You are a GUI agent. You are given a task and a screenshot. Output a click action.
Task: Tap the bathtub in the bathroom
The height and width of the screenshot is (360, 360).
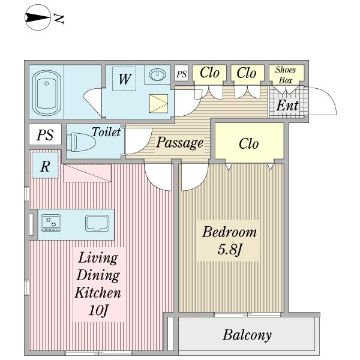46,92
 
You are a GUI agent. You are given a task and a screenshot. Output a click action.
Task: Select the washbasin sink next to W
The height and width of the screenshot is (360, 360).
157,74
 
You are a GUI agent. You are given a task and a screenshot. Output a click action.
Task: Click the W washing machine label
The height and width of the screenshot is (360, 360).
125,79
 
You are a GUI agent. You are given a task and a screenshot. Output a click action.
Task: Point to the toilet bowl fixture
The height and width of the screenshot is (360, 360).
81,142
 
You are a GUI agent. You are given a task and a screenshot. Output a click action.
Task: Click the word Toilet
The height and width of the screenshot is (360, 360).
106,132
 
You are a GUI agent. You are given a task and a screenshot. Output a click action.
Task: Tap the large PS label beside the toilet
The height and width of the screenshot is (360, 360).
45,135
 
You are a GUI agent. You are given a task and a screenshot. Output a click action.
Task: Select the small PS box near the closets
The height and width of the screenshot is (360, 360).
181,73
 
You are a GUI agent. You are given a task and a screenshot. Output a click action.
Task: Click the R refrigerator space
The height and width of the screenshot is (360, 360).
45,166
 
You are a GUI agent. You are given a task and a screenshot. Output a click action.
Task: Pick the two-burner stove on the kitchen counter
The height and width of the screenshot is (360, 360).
51,223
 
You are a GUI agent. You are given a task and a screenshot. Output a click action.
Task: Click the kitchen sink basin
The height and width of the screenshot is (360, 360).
97,223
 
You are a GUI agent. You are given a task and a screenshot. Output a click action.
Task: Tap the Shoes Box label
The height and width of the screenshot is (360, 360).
286,75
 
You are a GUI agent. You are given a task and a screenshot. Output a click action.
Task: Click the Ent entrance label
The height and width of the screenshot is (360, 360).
287,106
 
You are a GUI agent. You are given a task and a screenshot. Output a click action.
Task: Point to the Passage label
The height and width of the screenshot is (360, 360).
180,143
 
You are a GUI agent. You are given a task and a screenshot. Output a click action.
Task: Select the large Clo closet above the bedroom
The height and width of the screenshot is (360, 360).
250,141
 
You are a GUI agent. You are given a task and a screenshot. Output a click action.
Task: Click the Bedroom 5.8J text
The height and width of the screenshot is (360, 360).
230,241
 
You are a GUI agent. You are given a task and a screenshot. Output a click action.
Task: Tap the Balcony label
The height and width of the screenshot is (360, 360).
247,335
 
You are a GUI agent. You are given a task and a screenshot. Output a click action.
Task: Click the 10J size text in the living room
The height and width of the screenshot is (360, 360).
98,310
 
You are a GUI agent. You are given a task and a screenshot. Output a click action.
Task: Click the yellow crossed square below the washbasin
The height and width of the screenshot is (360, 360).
158,104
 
